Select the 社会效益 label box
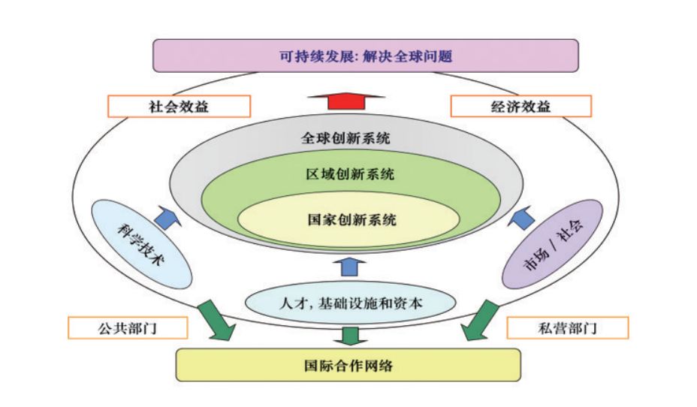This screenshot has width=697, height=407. click(178, 106)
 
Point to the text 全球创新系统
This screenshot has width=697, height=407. click(346, 139)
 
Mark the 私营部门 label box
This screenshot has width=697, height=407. click(568, 327)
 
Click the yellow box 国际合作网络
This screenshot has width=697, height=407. click(348, 366)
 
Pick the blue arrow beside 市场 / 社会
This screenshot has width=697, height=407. click(524, 219)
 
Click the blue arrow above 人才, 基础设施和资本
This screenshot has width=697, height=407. click(348, 266)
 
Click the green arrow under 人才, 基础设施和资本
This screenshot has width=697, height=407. click(349, 334)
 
